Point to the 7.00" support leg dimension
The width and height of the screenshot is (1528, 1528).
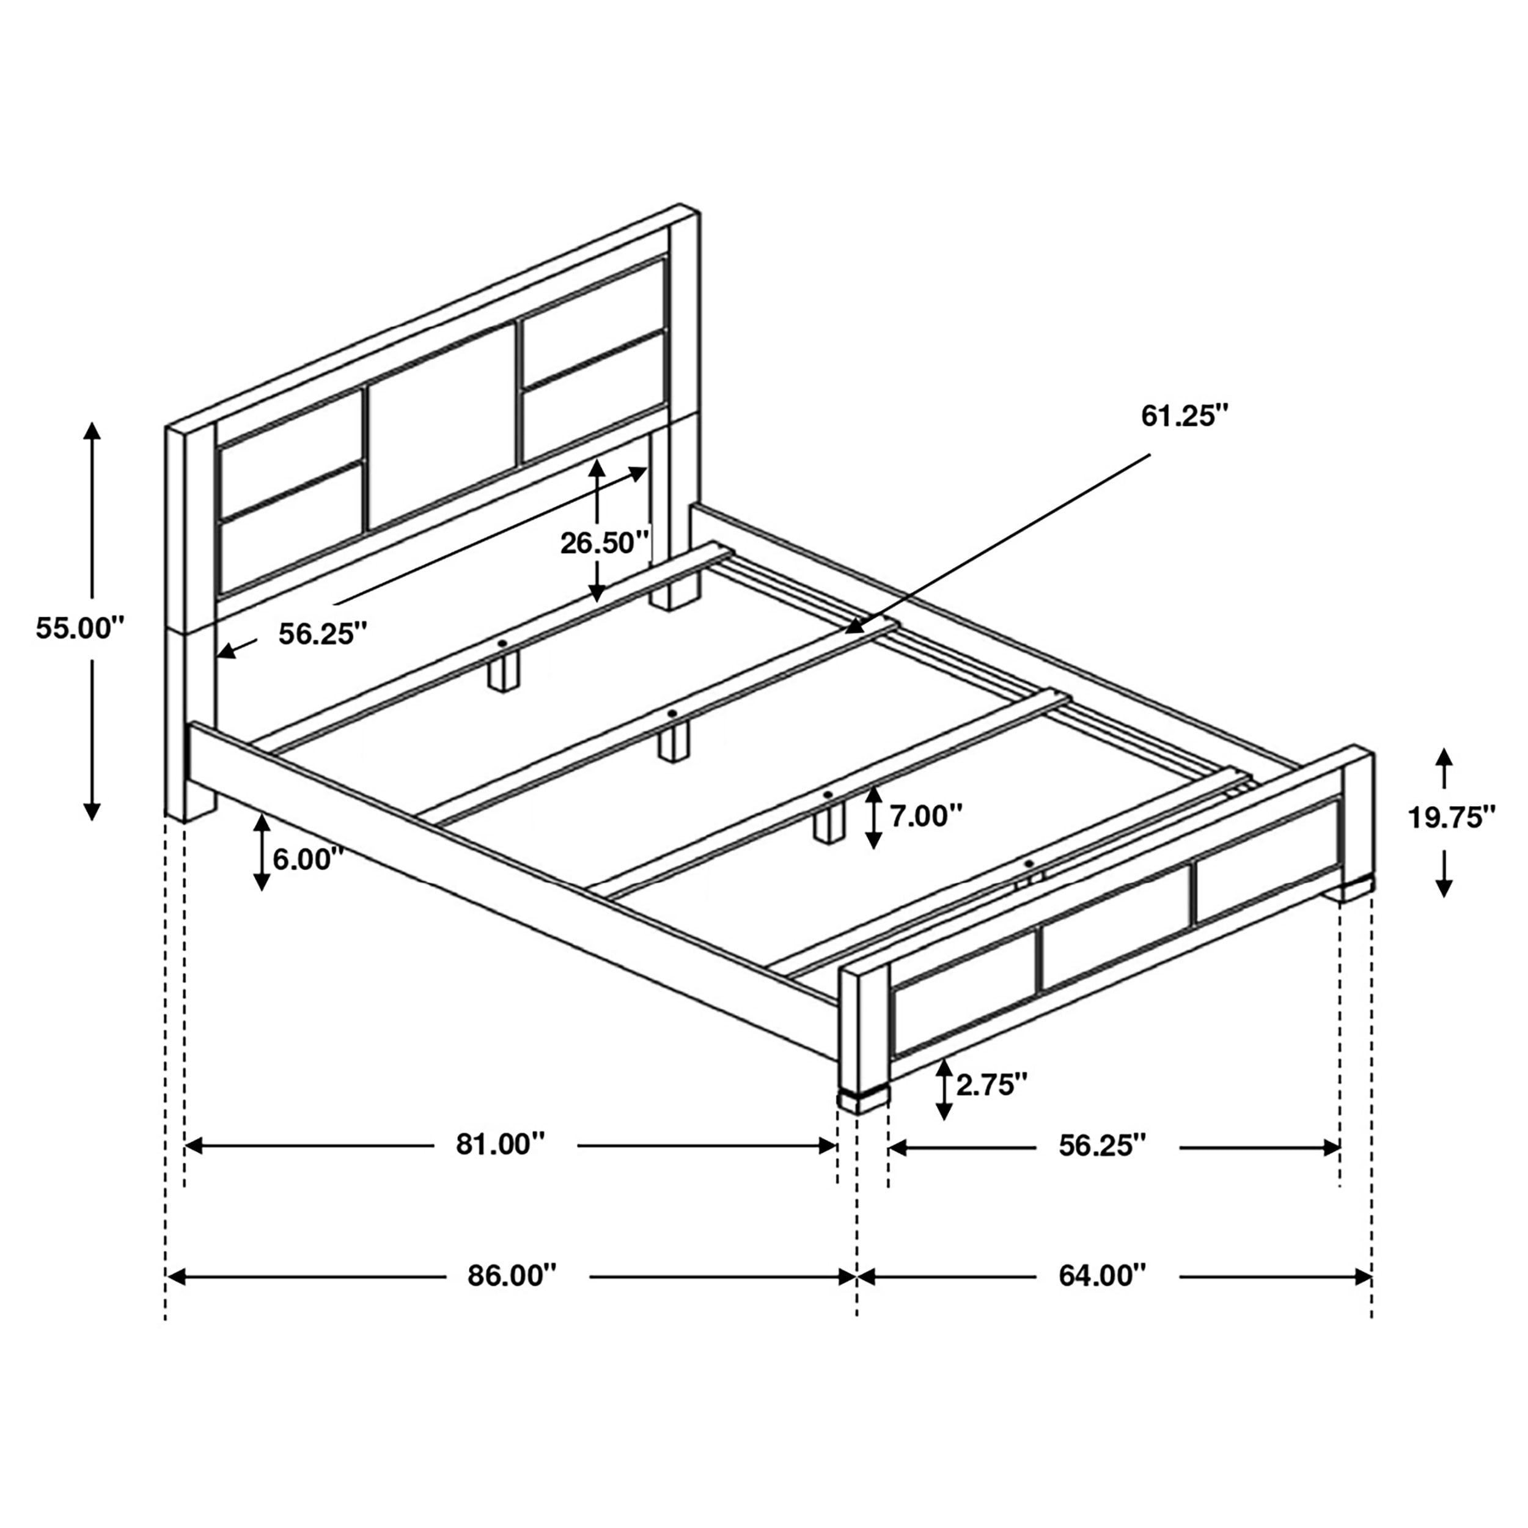pyautogui.click(x=926, y=816)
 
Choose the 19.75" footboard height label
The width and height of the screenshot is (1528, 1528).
pyautogui.click(x=1451, y=817)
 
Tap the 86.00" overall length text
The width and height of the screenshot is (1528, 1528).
pyautogui.click(x=512, y=1275)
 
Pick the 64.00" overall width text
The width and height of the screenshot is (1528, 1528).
pyautogui.click(x=1102, y=1275)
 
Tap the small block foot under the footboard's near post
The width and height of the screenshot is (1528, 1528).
pyautogui.click(x=864, y=1100)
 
